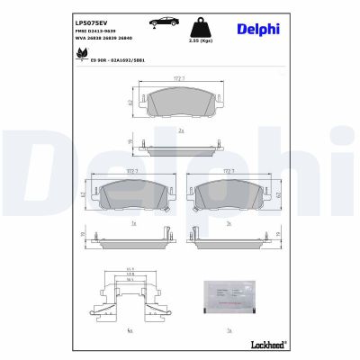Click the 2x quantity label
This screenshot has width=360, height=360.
point(180,130)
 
